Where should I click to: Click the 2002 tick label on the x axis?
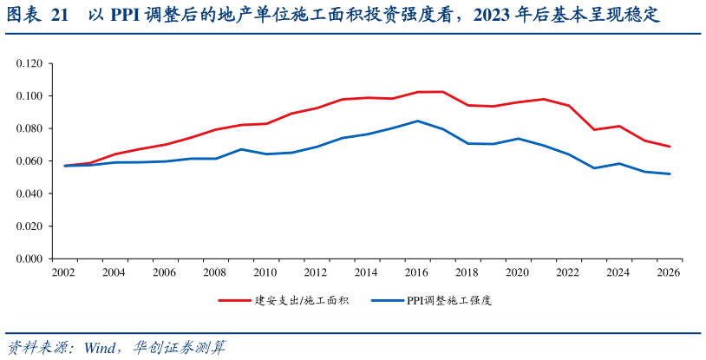click(62, 272)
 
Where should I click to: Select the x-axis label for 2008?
click(214, 272)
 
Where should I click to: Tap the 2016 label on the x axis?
click(416, 272)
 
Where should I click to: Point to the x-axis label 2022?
click(567, 272)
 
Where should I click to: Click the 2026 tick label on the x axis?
click(669, 272)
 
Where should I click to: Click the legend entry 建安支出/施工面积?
click(301, 300)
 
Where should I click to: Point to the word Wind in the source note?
click(102, 347)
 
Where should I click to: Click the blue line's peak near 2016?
click(417, 121)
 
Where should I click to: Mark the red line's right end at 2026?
click(670, 147)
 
